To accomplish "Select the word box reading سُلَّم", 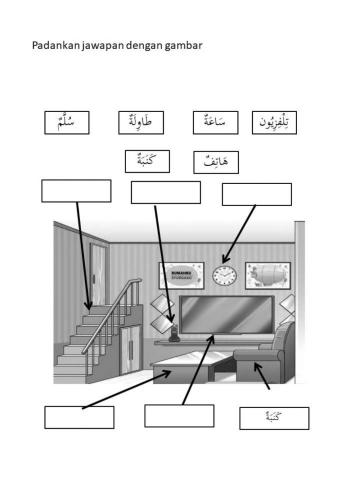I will point(67,123).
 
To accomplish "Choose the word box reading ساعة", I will point(214,123).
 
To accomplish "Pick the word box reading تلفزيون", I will point(274,123).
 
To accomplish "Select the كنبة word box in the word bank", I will point(147,160).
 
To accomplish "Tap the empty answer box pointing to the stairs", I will point(76,191).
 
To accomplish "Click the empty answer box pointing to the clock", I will point(256,194).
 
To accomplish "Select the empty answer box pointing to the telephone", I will point(165,193).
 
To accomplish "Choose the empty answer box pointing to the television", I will point(179,415).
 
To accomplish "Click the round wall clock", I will point(223,275).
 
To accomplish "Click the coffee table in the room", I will point(190,375).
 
